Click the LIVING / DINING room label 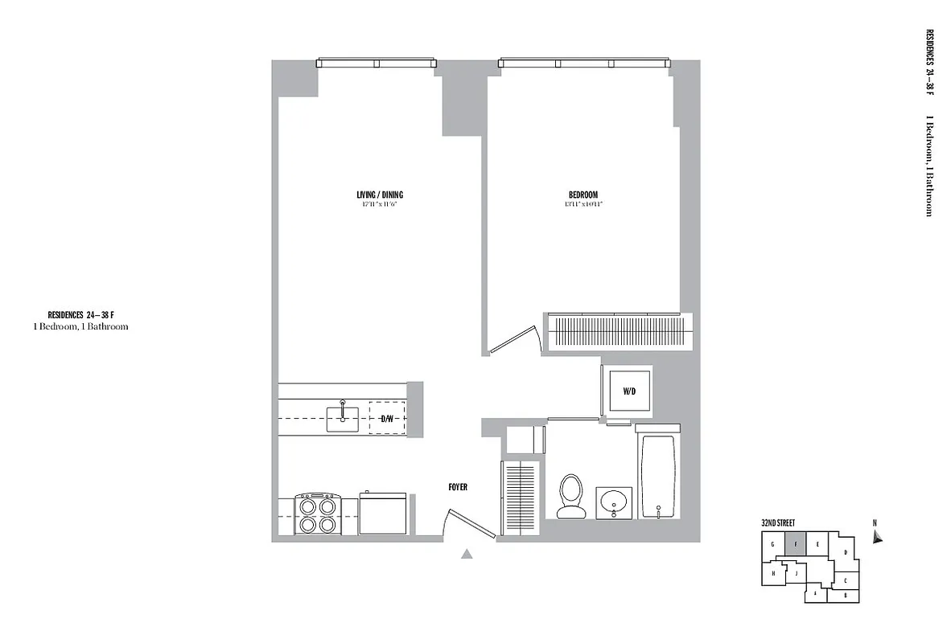[380, 195]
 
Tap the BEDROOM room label [583, 195]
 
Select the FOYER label [458, 487]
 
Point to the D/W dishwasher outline [387, 418]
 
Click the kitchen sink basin [343, 418]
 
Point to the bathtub [659, 477]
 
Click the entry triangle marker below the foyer [467, 553]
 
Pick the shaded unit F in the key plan [795, 544]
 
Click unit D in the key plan [845, 552]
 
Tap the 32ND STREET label [778, 523]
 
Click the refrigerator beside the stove [383, 514]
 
